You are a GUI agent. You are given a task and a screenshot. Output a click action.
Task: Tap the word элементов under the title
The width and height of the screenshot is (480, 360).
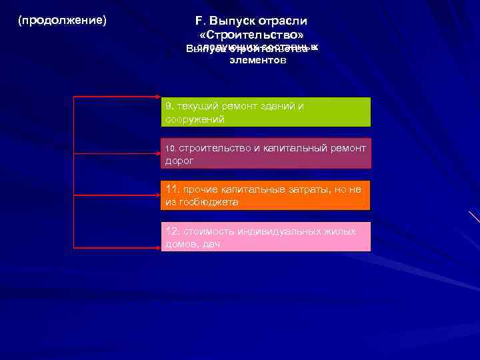257,60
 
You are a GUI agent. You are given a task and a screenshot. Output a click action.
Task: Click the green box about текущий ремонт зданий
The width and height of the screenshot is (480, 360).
266,112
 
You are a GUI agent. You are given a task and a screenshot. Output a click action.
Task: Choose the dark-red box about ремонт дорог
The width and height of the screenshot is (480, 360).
266,154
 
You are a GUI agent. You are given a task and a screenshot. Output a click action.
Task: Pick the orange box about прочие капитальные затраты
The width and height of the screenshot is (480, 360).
266,195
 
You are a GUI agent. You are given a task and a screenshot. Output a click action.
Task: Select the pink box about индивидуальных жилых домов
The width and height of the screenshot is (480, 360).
266,237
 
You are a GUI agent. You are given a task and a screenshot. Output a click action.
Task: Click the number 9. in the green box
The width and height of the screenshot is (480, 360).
169,106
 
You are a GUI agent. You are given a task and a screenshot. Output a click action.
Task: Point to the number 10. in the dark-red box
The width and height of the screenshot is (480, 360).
170,148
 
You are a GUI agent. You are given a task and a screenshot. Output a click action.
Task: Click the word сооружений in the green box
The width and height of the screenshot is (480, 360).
195,119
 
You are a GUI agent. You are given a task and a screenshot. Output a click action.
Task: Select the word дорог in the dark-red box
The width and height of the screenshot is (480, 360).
179,161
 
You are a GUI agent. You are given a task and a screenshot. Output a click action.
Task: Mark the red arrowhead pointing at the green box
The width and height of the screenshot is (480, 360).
157,97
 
